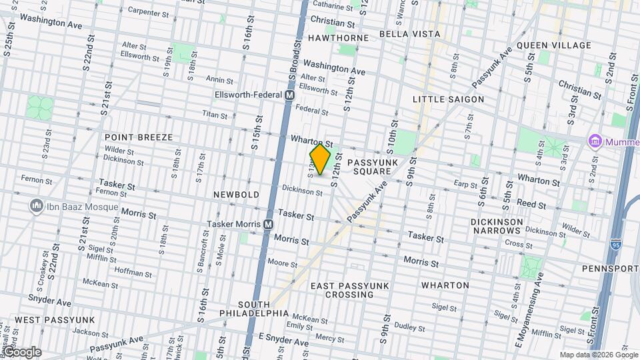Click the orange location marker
tap(320, 159)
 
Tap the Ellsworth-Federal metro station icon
tap(289, 95)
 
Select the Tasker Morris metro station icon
tap(268, 225)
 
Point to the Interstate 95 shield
tap(614, 245)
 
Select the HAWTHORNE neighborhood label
tap(338, 38)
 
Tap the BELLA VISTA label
tap(410, 33)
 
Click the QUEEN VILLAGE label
tap(553, 45)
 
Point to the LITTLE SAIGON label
tap(448, 99)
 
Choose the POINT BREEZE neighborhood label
tap(139, 137)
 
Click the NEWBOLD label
tap(236, 194)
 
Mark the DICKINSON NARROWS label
tap(495, 226)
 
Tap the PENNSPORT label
tap(610, 269)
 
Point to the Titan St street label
tap(215, 115)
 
